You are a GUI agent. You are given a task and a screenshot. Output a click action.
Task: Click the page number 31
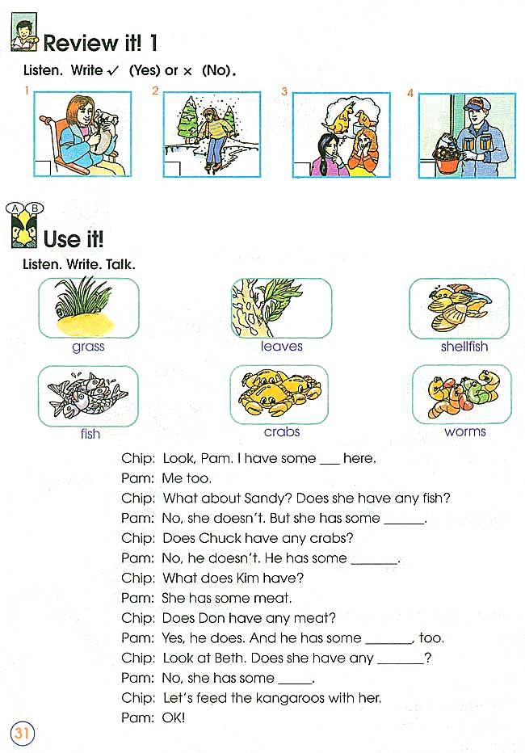pyautogui.click(x=21, y=734)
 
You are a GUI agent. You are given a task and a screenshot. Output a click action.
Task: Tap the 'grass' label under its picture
pyautogui.click(x=88, y=347)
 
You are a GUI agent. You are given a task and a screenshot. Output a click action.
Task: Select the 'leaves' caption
pyautogui.click(x=281, y=347)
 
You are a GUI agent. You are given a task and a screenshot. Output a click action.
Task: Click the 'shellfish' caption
pyautogui.click(x=464, y=347)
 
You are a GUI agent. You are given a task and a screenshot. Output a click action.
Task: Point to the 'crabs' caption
pyautogui.click(x=281, y=431)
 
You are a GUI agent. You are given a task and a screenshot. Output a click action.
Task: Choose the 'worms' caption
pyautogui.click(x=464, y=431)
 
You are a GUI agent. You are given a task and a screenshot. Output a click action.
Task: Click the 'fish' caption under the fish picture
pyautogui.click(x=90, y=434)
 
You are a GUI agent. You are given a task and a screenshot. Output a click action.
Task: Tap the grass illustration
pyautogui.click(x=88, y=308)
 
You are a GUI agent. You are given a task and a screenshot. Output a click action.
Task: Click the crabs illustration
pyautogui.click(x=279, y=394)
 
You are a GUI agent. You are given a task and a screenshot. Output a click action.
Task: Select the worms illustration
pyautogui.click(x=460, y=394)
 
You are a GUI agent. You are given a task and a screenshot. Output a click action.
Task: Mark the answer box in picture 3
pyautogui.click(x=302, y=168)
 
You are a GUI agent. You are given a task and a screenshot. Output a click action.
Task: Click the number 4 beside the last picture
pyautogui.click(x=410, y=94)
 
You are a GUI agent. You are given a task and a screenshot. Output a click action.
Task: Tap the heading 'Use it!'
pyautogui.click(x=73, y=239)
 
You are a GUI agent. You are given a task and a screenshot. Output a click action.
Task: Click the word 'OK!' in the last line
pyautogui.click(x=174, y=717)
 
